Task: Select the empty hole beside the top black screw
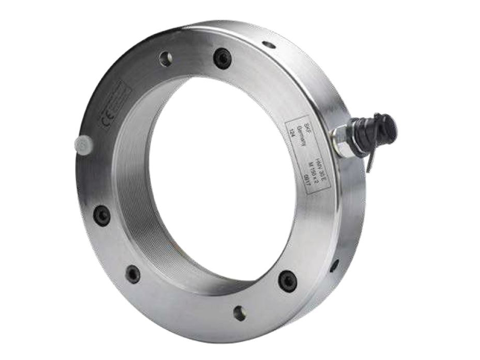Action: click(165, 59)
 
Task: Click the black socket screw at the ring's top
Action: click(222, 59)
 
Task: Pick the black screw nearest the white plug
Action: click(102, 215)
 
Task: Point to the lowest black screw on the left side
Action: click(134, 274)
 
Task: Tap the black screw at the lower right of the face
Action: click(286, 281)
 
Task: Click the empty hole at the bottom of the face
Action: click(240, 313)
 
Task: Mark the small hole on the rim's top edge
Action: click(268, 45)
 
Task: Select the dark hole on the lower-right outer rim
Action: click(333, 266)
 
